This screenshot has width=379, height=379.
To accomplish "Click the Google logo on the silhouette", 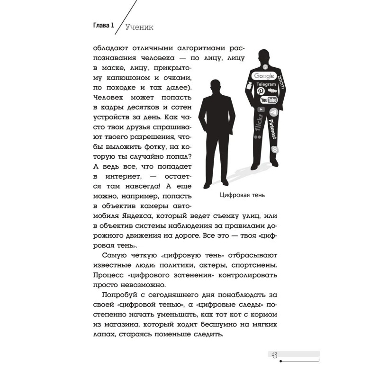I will (264, 76).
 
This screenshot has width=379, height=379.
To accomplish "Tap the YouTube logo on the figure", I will (268, 99).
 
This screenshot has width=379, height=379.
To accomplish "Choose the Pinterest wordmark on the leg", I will (272, 128).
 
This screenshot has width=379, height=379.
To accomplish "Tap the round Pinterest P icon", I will (260, 90).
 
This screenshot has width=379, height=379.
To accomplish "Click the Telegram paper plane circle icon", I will (273, 112).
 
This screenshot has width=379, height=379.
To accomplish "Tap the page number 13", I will (274, 355).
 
